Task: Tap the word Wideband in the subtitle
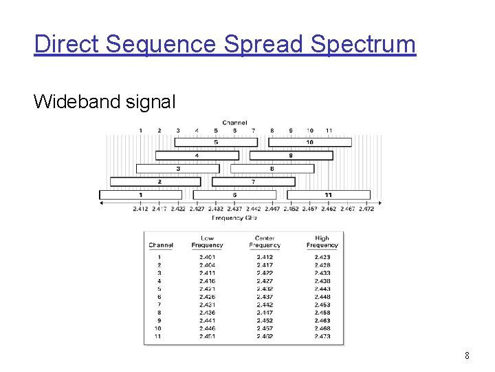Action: [71, 102]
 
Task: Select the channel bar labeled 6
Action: [234, 195]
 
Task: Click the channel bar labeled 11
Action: [328, 195]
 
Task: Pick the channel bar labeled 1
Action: [141, 195]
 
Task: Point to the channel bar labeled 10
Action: [309, 143]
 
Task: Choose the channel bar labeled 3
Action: [178, 169]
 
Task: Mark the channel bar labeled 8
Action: [272, 169]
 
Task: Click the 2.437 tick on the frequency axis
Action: [234, 208]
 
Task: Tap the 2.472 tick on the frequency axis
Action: [366, 208]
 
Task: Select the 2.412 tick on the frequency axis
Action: [141, 208]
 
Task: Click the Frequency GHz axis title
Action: [234, 218]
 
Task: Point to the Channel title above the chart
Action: [234, 123]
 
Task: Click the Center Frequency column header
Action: [265, 242]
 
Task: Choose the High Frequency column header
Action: [322, 242]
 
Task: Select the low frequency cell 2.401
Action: [207, 258]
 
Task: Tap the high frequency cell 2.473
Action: [322, 336]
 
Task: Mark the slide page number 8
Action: [467, 356]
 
